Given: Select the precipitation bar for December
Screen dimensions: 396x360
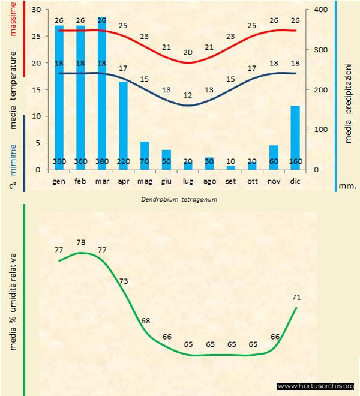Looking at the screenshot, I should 295,137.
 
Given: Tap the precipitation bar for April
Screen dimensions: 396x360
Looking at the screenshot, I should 123,125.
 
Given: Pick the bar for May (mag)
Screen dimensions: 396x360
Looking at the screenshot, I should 145,155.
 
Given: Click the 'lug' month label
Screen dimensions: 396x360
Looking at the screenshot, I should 188,181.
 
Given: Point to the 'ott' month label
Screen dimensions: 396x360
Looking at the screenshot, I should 252,181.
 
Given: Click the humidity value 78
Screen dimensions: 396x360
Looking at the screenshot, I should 81,242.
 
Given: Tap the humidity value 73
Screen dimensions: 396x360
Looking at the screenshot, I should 124,281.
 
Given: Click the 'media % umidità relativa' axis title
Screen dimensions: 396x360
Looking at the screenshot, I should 14,300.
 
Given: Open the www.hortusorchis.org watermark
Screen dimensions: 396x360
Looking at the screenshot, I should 316,386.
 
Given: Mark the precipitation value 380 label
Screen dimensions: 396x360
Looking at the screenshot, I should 102,161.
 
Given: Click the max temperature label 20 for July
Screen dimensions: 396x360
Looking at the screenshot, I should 188,52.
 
